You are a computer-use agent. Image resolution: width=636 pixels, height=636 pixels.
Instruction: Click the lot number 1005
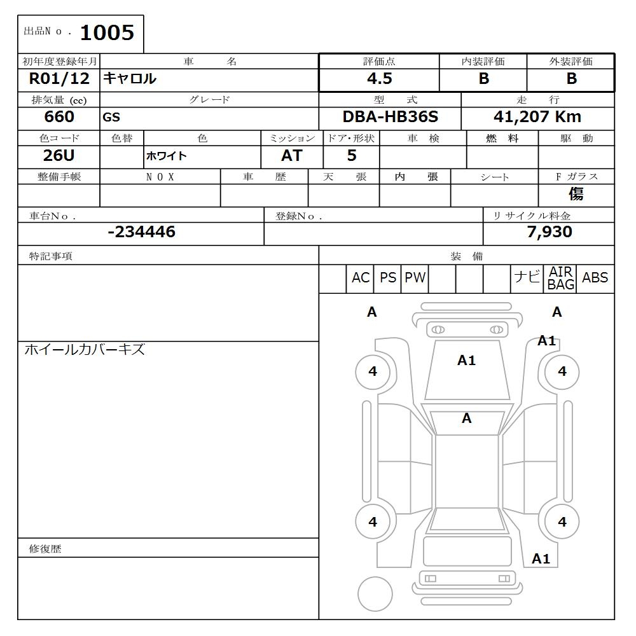pos(107,33)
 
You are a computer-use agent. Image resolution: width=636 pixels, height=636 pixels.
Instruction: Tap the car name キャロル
pos(130,79)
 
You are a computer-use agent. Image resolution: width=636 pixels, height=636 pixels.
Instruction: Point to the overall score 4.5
pos(379,79)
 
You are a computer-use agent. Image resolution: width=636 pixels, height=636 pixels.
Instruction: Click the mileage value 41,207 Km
pos(537,117)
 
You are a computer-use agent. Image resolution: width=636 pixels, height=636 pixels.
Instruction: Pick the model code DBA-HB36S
pos(390,117)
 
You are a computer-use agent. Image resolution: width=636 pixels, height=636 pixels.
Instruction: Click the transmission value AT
pos(291,156)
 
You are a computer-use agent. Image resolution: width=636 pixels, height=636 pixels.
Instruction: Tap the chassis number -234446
pos(142,232)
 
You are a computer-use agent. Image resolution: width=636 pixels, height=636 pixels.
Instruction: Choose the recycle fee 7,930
pos(550,232)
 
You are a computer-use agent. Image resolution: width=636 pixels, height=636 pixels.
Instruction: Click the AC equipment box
pos(360,278)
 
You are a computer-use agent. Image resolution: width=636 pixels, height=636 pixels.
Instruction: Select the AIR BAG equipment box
pos(560,279)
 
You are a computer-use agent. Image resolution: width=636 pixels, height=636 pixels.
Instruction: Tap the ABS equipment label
pos(595,278)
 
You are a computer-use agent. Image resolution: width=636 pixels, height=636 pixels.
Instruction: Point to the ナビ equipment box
pos(527,278)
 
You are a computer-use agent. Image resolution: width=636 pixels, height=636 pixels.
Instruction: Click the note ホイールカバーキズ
pos(85,350)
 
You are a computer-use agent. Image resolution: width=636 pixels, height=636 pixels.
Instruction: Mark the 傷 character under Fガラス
pos(576,194)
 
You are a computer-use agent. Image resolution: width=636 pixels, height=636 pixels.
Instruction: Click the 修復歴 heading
pos(45,549)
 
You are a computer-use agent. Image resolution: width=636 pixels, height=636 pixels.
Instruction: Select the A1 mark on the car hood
pos(466,361)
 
